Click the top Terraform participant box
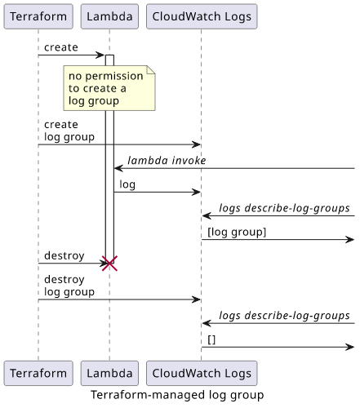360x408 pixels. (38, 16)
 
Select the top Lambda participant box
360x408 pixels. (109, 16)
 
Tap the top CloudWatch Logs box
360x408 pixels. (202, 16)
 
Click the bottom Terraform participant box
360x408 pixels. (38, 373)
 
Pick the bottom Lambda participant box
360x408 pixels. (109, 373)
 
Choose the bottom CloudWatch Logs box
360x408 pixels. (202, 373)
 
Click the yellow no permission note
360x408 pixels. (109, 88)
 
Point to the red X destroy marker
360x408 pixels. (109, 264)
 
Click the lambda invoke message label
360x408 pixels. (167, 161)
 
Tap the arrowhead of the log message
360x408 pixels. (197, 192)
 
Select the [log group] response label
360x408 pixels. (237, 232)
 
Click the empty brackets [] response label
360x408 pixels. (211, 339)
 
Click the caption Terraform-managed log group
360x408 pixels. (177, 395)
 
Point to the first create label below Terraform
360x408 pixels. (61, 47)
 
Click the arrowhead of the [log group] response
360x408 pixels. (350, 240)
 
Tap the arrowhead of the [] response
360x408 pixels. (350, 347)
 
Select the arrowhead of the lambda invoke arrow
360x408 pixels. (118, 168)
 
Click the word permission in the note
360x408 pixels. (114, 77)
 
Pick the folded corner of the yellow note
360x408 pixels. (151, 69)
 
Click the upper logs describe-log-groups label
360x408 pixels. (284, 208)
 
